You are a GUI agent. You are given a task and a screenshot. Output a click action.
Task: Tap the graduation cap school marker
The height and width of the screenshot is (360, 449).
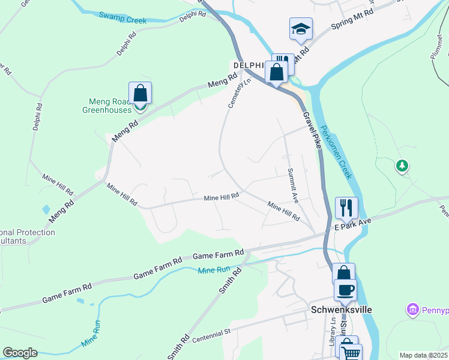click(x=301, y=29)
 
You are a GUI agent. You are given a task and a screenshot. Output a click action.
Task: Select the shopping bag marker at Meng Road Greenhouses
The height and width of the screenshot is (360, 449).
click(x=140, y=94)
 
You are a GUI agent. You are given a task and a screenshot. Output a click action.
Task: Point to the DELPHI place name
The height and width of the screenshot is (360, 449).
click(x=249, y=65)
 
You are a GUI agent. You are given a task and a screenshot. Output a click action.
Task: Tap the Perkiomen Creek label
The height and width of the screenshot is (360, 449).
click(x=336, y=153)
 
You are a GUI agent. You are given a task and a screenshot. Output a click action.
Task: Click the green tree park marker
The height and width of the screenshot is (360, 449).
click(x=402, y=165)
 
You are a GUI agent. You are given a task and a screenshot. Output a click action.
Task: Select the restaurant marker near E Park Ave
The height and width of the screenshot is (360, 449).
click(x=346, y=208)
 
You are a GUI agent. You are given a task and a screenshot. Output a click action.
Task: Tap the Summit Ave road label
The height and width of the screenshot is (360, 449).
click(x=292, y=184)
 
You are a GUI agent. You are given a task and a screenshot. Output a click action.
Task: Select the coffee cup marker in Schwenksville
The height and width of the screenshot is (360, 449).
click(x=345, y=290)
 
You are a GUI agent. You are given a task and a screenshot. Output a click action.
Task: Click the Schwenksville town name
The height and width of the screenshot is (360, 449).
click(x=342, y=310)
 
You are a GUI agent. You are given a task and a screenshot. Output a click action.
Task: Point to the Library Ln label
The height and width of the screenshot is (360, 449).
click(x=332, y=342)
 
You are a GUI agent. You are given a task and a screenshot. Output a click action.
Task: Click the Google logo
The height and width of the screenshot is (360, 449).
click(x=20, y=353)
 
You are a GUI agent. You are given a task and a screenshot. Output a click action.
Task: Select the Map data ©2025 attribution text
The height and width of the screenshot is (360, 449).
click(x=423, y=355)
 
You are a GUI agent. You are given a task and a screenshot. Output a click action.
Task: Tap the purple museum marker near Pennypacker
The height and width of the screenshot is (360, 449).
click(x=413, y=310)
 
